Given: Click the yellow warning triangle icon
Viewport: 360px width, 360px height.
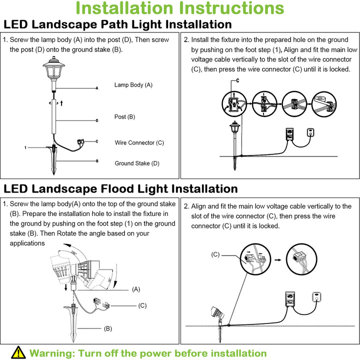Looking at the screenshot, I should click(18, 352).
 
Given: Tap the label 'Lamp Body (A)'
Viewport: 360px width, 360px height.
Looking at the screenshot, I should click(133, 85).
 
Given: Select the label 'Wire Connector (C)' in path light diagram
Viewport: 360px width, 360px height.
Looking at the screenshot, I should click(139, 142).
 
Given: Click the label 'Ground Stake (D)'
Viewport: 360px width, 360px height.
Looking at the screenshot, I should click(137, 163).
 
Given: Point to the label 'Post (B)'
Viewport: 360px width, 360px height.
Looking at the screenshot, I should click(124, 117).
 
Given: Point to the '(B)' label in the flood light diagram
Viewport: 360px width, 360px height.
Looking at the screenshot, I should click(107, 328).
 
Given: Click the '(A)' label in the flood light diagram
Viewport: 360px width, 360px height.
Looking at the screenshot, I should click(136, 289).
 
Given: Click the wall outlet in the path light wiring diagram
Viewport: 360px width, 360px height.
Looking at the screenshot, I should click(311, 133).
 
